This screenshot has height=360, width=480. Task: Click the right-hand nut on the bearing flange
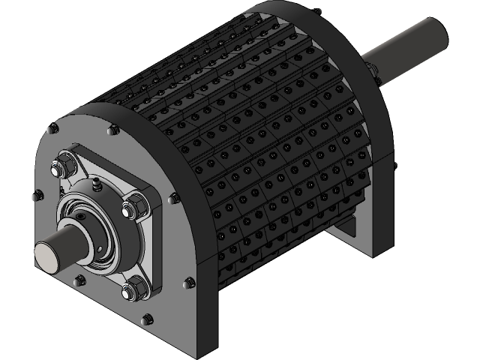point(135,205)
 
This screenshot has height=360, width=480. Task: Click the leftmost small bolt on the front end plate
point(35,196)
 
